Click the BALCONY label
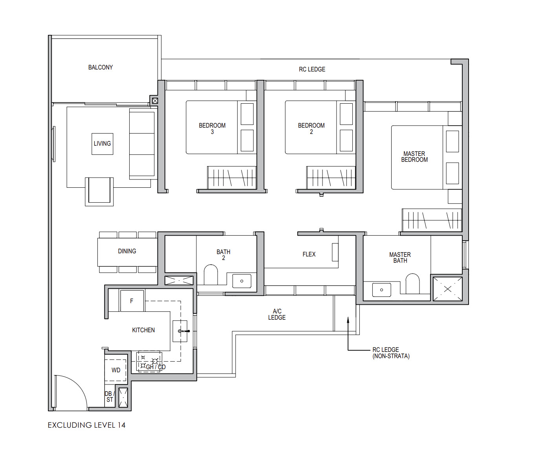[100, 68]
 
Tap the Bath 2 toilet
[211, 275]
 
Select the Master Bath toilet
[412, 284]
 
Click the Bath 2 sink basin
[242, 281]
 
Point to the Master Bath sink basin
[382, 290]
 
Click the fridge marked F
[132, 301]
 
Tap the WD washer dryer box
[115, 370]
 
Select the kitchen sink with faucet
[180, 331]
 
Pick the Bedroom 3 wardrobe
[232, 178]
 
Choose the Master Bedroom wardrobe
[432, 220]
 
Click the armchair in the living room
[99, 192]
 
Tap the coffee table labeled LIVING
[103, 144]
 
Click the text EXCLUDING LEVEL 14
[86, 425]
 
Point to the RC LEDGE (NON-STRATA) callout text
[391, 353]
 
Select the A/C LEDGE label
[277, 314]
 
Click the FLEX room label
[309, 254]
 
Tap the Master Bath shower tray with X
[448, 289]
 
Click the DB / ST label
[110, 396]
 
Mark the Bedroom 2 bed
[320, 127]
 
